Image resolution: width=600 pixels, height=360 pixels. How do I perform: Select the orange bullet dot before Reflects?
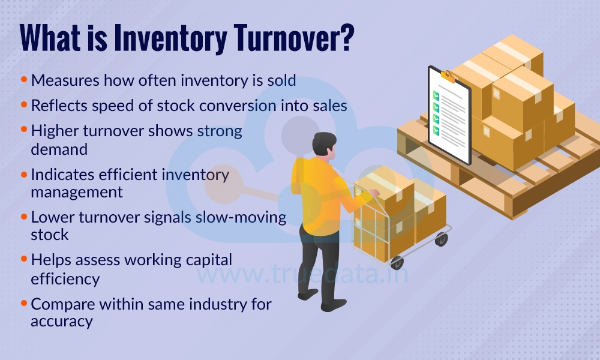24,105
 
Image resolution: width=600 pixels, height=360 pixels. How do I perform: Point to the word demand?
59,148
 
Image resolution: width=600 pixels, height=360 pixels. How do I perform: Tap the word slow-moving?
241,217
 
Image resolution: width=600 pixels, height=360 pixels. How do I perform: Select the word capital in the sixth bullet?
202,260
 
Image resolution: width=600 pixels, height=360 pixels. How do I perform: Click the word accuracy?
62,321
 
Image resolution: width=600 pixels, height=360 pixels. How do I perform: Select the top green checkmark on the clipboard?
436,95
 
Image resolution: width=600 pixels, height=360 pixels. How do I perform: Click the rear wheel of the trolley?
442,239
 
